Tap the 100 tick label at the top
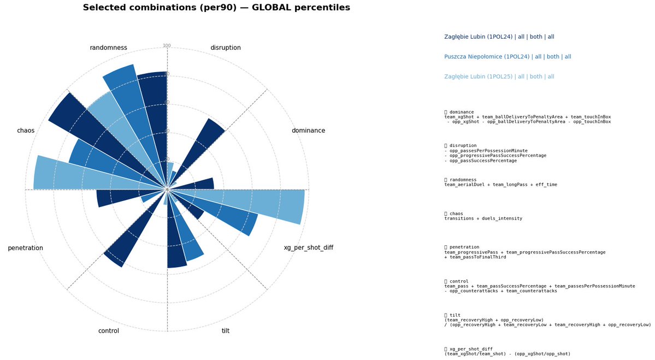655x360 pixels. click(x=167, y=46)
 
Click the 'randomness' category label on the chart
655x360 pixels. click(x=108, y=48)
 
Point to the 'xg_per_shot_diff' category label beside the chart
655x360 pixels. click(x=308, y=248)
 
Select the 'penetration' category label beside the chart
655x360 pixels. click(x=25, y=249)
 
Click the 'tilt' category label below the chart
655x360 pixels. click(x=226, y=331)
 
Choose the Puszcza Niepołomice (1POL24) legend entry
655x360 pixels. click(x=508, y=57)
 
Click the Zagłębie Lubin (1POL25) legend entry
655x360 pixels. click(x=499, y=77)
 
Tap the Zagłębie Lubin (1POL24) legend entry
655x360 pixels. click(x=499, y=37)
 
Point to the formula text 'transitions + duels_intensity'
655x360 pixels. click(x=483, y=219)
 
